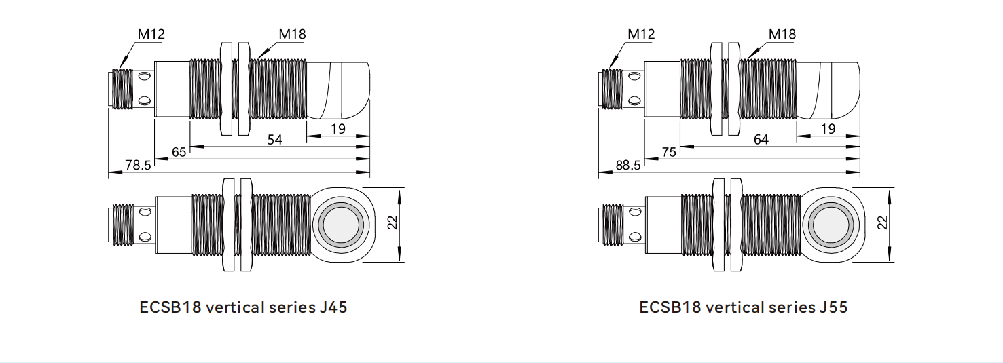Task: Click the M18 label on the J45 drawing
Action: [293, 33]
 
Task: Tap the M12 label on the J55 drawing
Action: [642, 33]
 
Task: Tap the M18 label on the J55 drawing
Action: [782, 33]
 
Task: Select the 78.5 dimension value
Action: [139, 165]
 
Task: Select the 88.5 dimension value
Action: [628, 165]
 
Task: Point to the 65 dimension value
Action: [179, 152]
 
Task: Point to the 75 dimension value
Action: [669, 152]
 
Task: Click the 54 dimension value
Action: [275, 140]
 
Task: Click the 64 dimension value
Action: [761, 140]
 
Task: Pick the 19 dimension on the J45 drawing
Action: [338, 128]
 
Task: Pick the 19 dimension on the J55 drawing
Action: [828, 128]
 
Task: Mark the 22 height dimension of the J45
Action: [393, 223]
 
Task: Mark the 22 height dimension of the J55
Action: [882, 223]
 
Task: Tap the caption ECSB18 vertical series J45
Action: [243, 307]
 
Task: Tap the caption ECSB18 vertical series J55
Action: [743, 307]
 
